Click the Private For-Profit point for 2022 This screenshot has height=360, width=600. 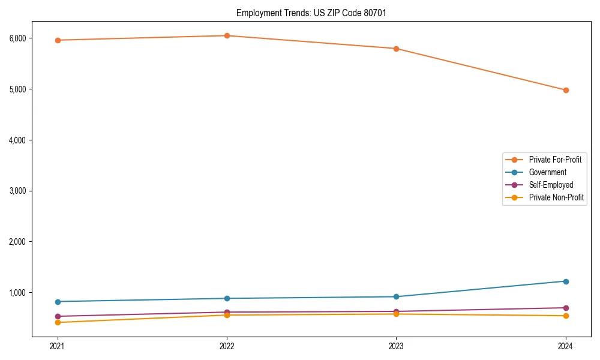pyautogui.click(x=227, y=35)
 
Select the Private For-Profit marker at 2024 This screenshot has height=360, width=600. pyautogui.click(x=566, y=90)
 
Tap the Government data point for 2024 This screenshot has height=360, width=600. pyautogui.click(x=566, y=281)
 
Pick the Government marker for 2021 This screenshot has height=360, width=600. pyautogui.click(x=58, y=301)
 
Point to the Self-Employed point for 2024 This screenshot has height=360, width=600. pyautogui.click(x=566, y=308)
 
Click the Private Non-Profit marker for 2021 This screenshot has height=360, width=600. pyautogui.click(x=58, y=322)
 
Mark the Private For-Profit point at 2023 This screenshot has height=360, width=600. pyautogui.click(x=397, y=49)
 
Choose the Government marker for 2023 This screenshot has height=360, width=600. pyautogui.click(x=397, y=296)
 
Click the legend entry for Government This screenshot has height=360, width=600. pyautogui.click(x=547, y=172)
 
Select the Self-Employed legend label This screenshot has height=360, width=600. pyautogui.click(x=551, y=185)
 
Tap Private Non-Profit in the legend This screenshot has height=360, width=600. pyautogui.click(x=556, y=197)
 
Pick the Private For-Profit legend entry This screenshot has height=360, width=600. pyautogui.click(x=555, y=160)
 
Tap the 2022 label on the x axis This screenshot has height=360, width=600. pyautogui.click(x=227, y=346)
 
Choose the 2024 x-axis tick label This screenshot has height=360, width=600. pyautogui.click(x=566, y=346)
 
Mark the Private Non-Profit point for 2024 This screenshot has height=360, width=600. pyautogui.click(x=566, y=316)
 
